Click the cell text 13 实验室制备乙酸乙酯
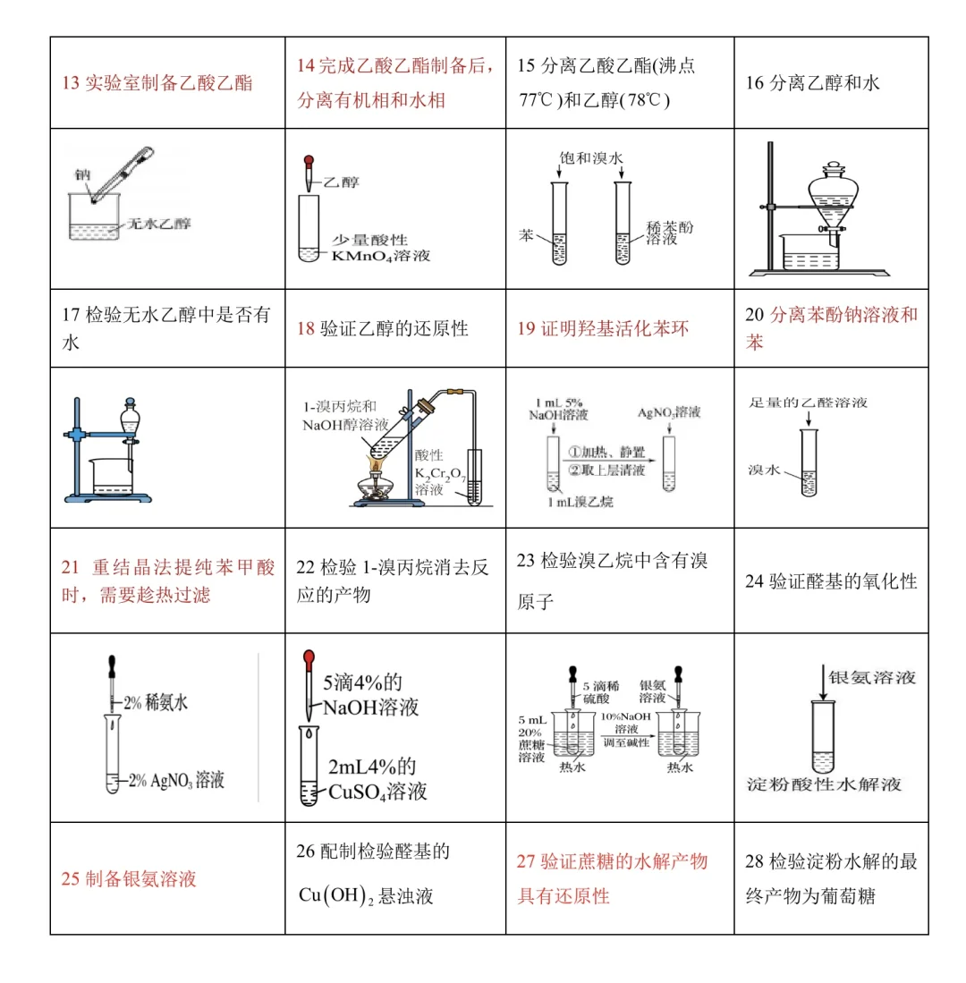pos(157,83)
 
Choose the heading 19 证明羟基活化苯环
pos(604,328)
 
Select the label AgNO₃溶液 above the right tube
pos(668,413)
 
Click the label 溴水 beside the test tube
pos(765,469)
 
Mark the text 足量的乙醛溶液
pos(808,403)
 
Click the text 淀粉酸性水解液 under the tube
pos(824,784)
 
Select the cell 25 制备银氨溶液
pos(129,878)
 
